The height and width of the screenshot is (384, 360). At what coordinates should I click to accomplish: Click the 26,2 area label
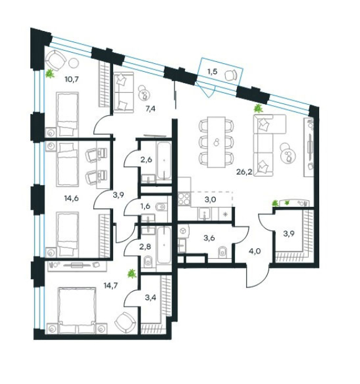[244, 172]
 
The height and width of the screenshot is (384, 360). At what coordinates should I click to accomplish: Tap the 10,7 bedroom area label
[71, 79]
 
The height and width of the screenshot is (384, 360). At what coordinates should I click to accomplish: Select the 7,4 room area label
[150, 108]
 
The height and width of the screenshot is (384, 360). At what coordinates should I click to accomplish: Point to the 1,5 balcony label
[212, 72]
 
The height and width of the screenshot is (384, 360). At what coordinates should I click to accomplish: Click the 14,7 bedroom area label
[111, 286]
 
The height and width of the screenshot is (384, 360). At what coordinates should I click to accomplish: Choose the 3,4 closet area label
[150, 298]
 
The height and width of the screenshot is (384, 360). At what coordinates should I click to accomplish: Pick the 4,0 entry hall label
[255, 251]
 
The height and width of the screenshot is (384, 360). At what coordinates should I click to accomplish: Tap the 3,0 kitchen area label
[210, 199]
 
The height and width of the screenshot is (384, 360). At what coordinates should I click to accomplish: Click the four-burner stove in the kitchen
[184, 199]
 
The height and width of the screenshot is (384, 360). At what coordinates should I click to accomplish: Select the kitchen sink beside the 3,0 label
[204, 214]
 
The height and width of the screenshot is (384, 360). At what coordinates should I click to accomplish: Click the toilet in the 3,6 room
[222, 252]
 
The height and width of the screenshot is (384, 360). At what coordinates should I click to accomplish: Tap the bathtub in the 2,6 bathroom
[164, 161]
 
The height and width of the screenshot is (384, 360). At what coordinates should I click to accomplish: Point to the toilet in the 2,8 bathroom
[148, 262]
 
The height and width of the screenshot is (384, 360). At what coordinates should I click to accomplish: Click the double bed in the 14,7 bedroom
[77, 310]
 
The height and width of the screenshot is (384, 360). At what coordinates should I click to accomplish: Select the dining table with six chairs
[216, 142]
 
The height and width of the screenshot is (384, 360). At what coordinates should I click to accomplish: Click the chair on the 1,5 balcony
[231, 75]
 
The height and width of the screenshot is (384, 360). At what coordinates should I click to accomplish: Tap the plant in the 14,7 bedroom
[132, 274]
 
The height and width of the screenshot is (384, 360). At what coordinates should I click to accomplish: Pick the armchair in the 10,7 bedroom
[56, 61]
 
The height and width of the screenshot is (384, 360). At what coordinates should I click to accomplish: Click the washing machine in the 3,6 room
[183, 230]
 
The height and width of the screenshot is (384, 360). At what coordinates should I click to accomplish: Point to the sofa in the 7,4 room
[124, 92]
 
